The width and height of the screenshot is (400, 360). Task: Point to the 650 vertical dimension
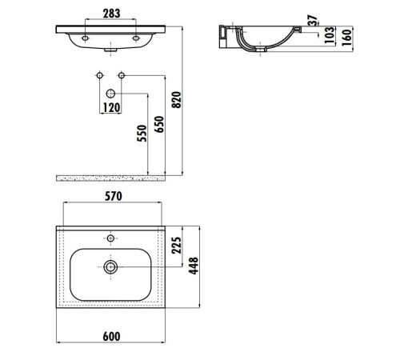(x=160, y=125)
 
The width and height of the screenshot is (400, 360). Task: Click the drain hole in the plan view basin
(x=110, y=265)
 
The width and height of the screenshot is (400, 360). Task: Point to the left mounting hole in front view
(x=86, y=37)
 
